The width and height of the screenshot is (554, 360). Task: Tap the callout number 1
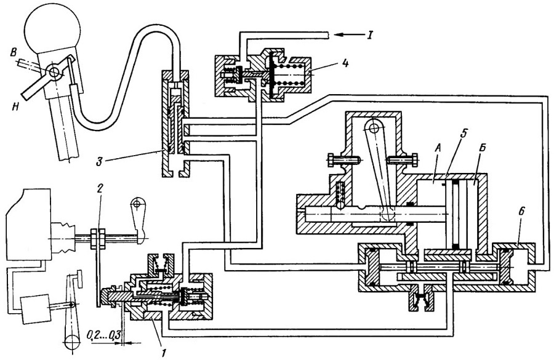(x=163, y=352)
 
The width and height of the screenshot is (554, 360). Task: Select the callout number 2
(x=100, y=188)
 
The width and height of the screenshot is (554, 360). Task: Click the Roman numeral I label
(x=369, y=35)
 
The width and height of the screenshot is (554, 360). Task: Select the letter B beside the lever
(x=14, y=54)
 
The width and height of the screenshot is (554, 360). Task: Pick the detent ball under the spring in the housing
(x=340, y=204)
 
